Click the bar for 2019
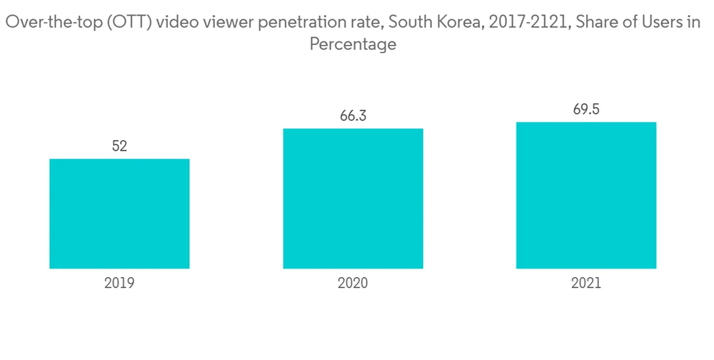coord(119,214)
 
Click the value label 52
coord(119,146)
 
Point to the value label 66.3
coord(353,116)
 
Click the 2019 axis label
coord(119,283)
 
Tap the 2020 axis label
coord(353,283)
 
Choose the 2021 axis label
coord(586,283)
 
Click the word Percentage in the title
coord(353,44)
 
